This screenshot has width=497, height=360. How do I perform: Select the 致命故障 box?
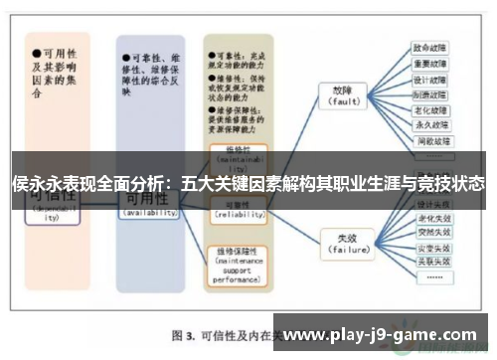(x=429, y=47)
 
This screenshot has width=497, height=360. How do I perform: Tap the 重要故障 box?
(x=429, y=63)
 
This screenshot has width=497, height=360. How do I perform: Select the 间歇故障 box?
(x=429, y=141)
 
